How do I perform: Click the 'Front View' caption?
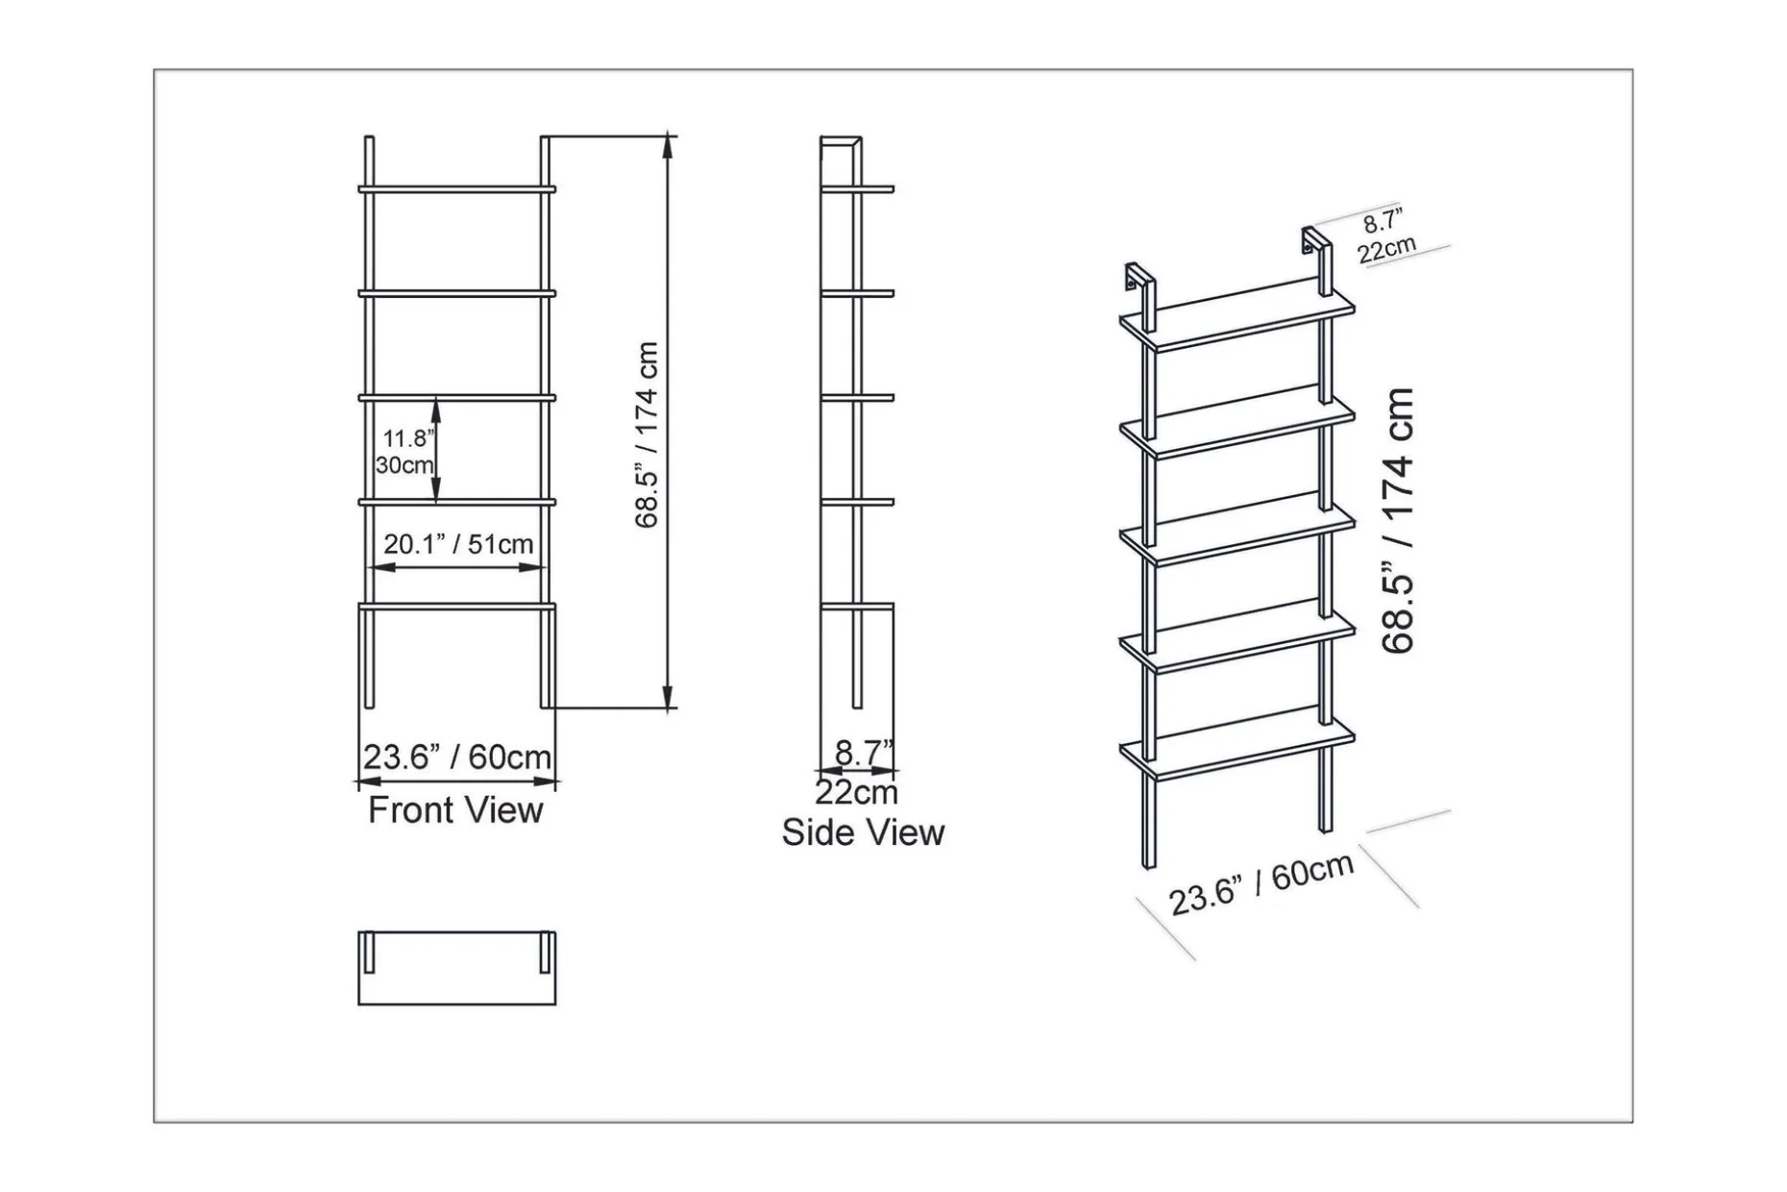pyautogui.click(x=455, y=810)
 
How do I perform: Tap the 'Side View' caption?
pyautogui.click(x=863, y=832)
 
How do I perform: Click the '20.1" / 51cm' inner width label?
pyautogui.click(x=458, y=544)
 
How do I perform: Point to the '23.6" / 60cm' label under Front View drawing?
pyautogui.click(x=457, y=757)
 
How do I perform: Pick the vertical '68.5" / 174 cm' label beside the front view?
pyautogui.click(x=648, y=435)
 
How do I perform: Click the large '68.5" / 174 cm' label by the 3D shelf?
pyautogui.click(x=1399, y=520)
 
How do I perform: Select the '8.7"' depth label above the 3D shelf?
pyautogui.click(x=1383, y=221)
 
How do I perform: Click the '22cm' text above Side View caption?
pyautogui.click(x=856, y=793)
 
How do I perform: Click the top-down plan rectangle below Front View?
pyautogui.click(x=457, y=968)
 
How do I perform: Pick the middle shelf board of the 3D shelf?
pyautogui.click(x=1237, y=531)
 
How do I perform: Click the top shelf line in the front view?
pyautogui.click(x=457, y=188)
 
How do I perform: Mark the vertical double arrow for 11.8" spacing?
pyautogui.click(x=436, y=450)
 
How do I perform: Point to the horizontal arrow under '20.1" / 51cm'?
pyautogui.click(x=457, y=568)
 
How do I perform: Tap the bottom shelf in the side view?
pyautogui.click(x=858, y=606)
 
